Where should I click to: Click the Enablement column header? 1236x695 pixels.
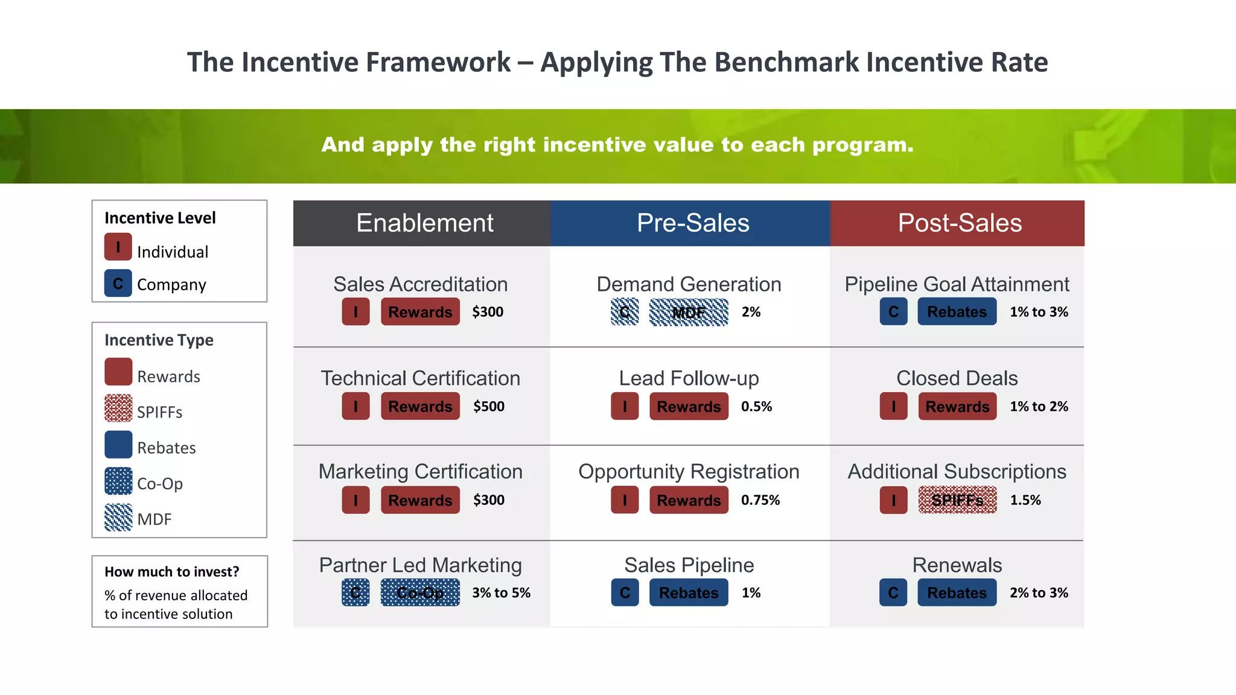pos(424,223)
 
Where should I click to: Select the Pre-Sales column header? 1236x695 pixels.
pos(692,223)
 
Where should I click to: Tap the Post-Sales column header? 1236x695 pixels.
pos(959,223)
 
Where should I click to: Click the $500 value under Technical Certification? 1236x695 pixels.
pos(488,407)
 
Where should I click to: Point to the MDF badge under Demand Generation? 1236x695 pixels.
pos(688,312)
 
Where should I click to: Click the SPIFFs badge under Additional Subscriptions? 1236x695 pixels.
pos(957,500)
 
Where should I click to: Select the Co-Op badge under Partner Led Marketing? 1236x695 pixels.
pos(420,593)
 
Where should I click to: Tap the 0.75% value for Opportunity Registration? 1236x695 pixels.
pos(760,500)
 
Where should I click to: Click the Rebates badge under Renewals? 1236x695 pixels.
pos(957,593)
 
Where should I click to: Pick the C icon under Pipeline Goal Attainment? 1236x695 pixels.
pos(893,312)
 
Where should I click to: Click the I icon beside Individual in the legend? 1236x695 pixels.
pos(118,247)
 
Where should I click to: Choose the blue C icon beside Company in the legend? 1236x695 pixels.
pos(118,283)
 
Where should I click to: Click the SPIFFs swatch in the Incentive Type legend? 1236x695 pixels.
pos(118,408)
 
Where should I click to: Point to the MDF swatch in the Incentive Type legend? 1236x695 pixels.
pos(118,517)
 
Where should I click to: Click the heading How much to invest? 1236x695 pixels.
pos(171,571)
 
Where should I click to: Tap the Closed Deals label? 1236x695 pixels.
pos(957,378)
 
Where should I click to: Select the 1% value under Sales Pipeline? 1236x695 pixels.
pos(751,593)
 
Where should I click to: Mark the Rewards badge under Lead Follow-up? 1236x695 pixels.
pos(688,407)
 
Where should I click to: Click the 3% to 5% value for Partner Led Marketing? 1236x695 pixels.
pos(501,593)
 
